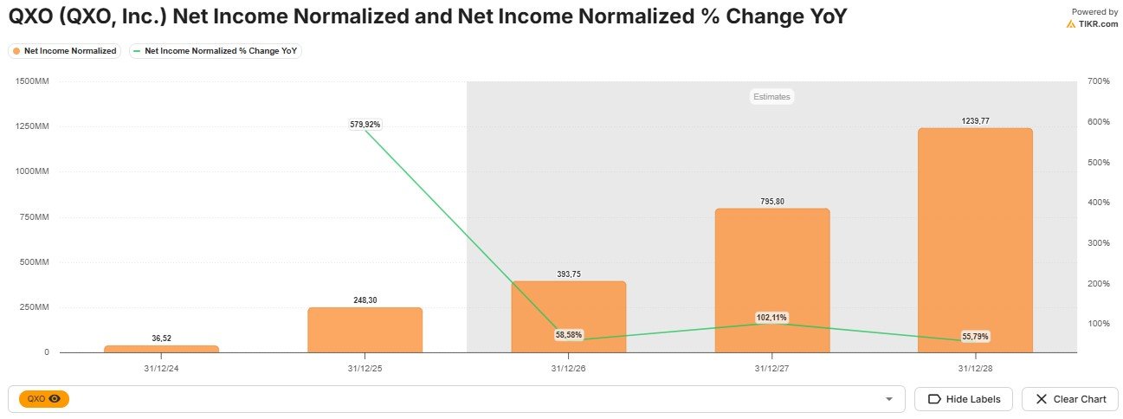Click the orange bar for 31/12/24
(161, 349)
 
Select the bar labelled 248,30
(365, 330)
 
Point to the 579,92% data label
(365, 125)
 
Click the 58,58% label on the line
(568, 334)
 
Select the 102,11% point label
(771, 318)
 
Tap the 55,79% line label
(975, 336)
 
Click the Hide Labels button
(963, 399)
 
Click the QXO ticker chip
(43, 399)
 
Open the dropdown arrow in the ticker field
(888, 399)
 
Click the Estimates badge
(771, 97)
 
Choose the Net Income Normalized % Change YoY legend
(216, 51)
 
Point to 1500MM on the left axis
(32, 81)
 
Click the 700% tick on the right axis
(1099, 81)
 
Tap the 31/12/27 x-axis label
(771, 367)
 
